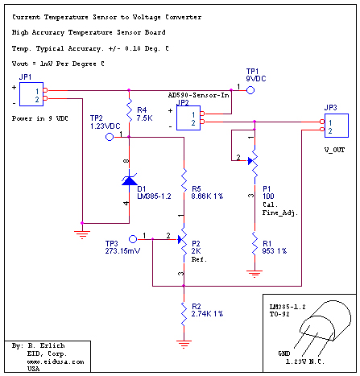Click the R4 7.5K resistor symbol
coord(130,110)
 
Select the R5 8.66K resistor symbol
coord(184,180)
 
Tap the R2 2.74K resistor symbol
coord(184,314)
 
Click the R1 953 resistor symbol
coord(254,244)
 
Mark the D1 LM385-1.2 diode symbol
coord(130,180)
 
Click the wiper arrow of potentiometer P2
coord(180,239)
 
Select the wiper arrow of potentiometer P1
coord(250,161)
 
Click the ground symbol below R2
coord(184,344)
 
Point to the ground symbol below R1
coord(254,274)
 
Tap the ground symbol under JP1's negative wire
coord(82,234)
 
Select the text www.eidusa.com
coord(56,362)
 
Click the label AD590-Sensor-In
coord(199,95)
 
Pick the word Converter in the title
coord(184,17)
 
